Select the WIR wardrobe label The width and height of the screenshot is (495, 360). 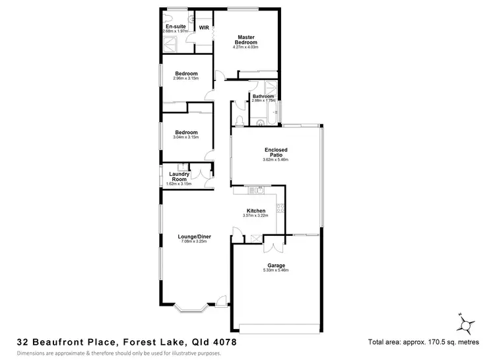(204, 28)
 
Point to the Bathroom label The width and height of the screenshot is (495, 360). (263, 96)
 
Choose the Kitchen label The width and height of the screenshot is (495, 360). (256, 211)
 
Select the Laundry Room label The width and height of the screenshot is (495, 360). (180, 176)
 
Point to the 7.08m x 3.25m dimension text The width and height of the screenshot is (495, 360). (194, 241)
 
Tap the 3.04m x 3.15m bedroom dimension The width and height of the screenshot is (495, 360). (185, 137)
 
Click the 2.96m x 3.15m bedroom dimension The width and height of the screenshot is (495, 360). (186, 79)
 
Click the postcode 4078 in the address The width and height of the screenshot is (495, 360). (222, 342)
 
